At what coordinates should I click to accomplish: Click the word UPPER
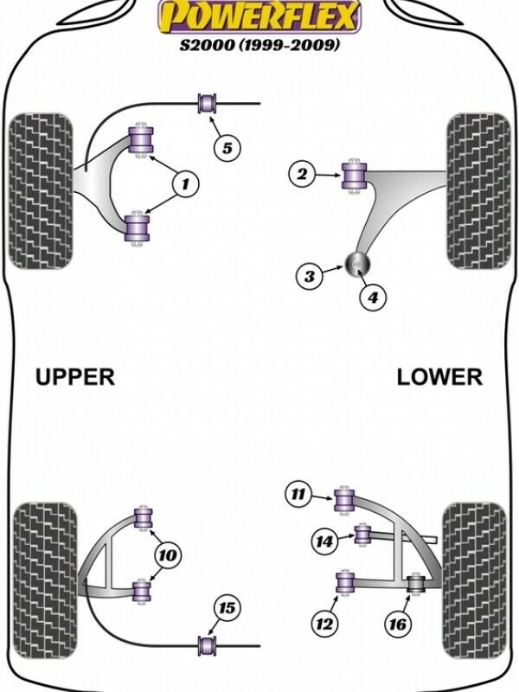75,376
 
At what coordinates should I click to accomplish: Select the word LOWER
439,376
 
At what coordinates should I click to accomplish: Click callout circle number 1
186,183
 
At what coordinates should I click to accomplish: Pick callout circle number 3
309,277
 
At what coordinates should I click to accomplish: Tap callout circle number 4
372,298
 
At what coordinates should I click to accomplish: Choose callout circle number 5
227,148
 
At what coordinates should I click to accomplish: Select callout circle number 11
298,496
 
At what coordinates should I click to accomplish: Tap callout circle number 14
324,541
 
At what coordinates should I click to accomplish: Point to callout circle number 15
227,609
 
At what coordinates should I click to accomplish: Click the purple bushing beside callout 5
207,103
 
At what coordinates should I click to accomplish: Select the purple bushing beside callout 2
353,174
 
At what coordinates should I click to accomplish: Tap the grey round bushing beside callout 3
357,263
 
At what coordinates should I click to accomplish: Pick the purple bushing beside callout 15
207,644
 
